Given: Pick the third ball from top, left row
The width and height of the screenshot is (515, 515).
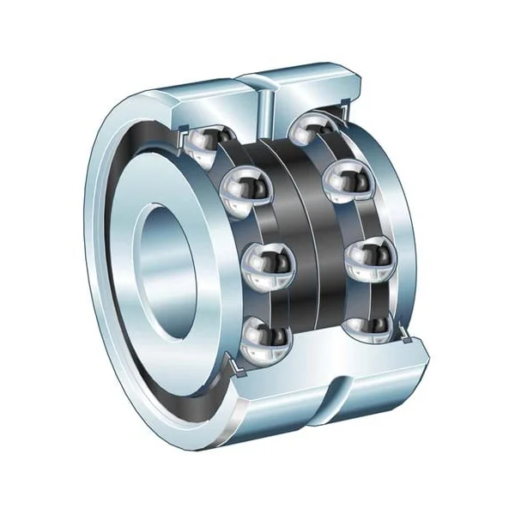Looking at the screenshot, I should click(x=269, y=261).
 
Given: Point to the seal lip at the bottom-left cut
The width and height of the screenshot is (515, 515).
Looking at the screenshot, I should click(x=230, y=367).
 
